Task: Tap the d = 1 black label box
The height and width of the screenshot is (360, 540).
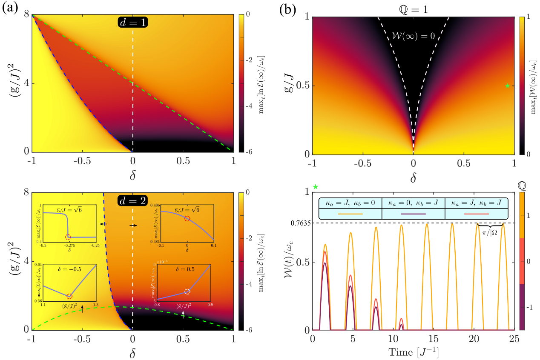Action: pyautogui.click(x=132, y=23)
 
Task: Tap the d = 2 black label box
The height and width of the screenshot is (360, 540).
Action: pyautogui.click(x=132, y=199)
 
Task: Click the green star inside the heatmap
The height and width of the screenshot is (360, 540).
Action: pyautogui.click(x=507, y=86)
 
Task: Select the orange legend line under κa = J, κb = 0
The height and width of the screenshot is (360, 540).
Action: pyautogui.click(x=350, y=214)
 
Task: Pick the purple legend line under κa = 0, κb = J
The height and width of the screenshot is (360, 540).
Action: pyautogui.click(x=413, y=214)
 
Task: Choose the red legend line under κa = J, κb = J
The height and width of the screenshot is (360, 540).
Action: pyautogui.click(x=476, y=214)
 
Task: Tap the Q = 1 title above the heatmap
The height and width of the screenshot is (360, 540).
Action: pyautogui.click(x=413, y=8)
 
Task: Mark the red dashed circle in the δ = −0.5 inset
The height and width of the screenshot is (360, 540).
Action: pyautogui.click(x=69, y=296)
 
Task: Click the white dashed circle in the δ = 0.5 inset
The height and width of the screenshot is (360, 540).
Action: pyautogui.click(x=187, y=291)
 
